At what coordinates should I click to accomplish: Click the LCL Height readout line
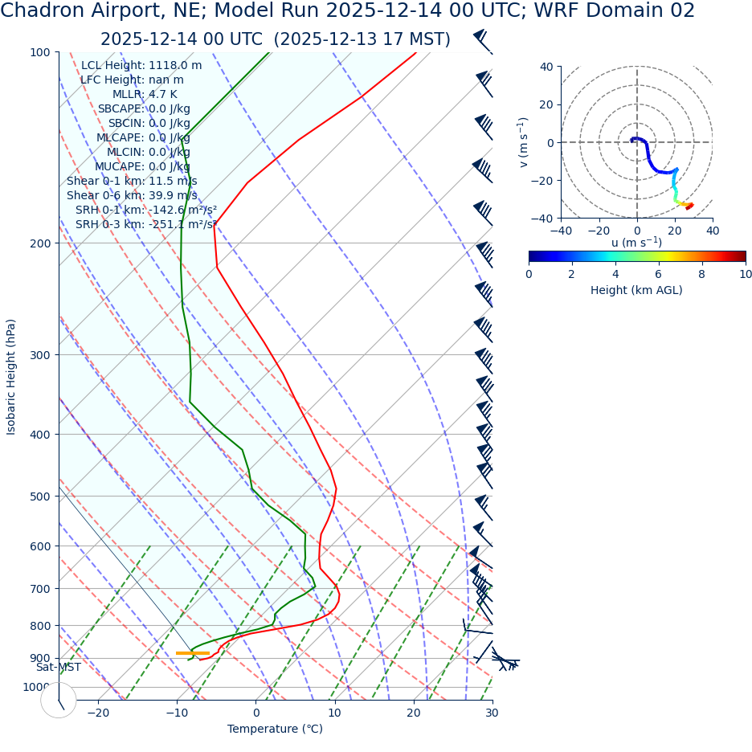click(141, 65)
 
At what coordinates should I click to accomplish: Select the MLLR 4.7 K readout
click(145, 94)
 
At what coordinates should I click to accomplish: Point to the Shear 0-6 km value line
click(132, 195)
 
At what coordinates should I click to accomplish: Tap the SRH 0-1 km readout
click(146, 210)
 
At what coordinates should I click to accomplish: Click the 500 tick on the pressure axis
click(41, 497)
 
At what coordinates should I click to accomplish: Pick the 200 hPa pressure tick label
click(41, 243)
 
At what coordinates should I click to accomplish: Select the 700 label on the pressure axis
click(41, 589)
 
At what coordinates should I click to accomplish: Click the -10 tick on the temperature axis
click(177, 713)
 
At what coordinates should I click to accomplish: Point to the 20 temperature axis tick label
click(413, 713)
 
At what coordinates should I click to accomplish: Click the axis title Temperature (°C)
click(275, 729)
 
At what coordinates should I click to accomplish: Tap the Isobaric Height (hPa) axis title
click(11, 377)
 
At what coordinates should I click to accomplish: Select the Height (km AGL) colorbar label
click(636, 290)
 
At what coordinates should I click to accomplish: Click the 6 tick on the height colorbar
click(659, 274)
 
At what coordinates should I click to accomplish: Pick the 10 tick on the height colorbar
click(746, 274)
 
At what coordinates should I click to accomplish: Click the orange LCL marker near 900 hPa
click(192, 653)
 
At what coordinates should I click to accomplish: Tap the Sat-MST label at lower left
click(58, 667)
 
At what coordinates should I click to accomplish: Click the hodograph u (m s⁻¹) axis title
click(636, 243)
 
